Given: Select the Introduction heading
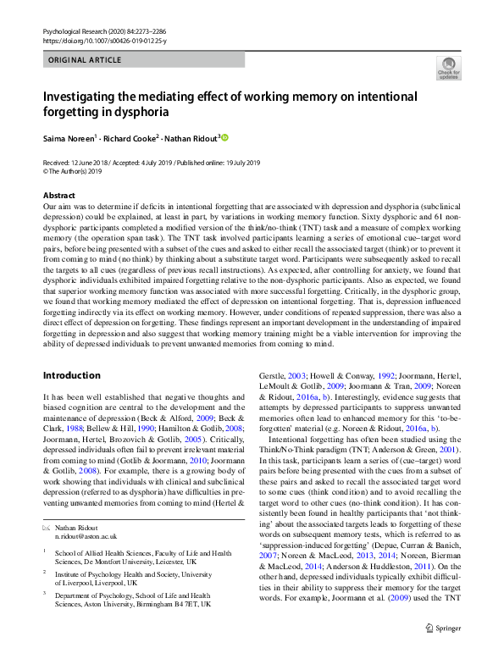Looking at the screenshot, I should [x=71, y=375].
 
